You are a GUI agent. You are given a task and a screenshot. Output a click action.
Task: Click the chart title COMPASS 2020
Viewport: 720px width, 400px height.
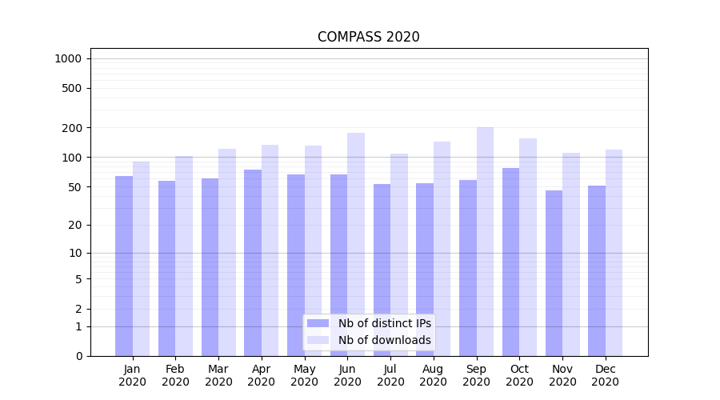tap(368, 37)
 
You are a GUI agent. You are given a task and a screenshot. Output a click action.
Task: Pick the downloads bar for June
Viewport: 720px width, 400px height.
tap(356, 244)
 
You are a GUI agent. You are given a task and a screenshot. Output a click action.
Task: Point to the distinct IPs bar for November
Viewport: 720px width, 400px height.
tap(554, 273)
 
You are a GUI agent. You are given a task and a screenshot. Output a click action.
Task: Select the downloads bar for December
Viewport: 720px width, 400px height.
tap(614, 253)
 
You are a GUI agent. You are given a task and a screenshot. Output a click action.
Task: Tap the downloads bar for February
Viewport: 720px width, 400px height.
tap(184, 256)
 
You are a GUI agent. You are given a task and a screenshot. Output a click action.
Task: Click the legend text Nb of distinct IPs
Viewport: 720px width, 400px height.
tap(385, 323)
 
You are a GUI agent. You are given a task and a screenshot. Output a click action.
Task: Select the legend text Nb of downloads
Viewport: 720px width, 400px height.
tap(385, 340)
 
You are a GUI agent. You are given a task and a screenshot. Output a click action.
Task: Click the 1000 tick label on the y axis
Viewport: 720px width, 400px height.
tap(68, 58)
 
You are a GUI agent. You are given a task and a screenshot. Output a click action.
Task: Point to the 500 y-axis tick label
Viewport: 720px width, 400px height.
tap(72, 88)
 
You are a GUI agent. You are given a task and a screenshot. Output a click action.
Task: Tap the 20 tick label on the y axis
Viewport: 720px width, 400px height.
tap(75, 225)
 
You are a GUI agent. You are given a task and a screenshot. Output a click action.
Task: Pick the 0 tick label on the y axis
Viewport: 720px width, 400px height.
tap(78, 356)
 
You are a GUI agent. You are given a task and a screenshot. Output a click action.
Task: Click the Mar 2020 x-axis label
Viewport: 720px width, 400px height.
tap(218, 375)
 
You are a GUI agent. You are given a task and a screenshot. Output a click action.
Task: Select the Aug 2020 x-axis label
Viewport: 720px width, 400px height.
tap(434, 375)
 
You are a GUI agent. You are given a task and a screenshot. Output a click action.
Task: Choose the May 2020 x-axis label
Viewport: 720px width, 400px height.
tap(305, 375)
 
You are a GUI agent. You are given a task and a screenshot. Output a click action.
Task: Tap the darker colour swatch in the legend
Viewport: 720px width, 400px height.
tap(318, 323)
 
